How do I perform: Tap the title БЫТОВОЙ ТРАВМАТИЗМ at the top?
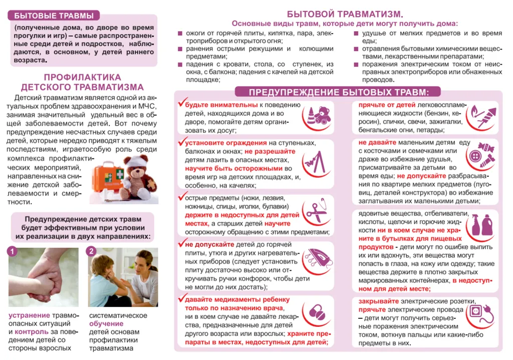point(345,14)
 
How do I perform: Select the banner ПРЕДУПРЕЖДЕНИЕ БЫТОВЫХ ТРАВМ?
point(339,92)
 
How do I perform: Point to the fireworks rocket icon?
point(481,117)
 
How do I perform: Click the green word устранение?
point(30,315)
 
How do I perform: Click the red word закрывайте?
point(378,301)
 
